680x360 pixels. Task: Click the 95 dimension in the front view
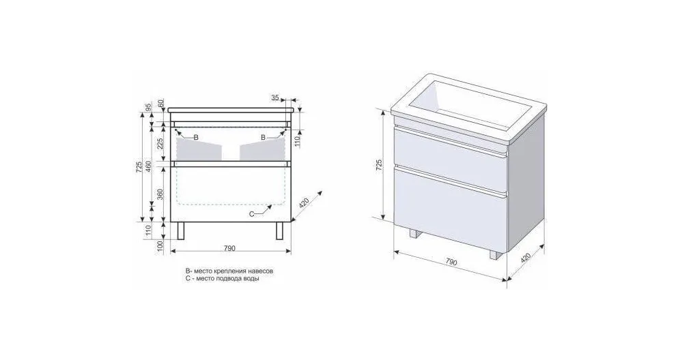[x=148, y=107]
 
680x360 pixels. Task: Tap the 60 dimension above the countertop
[x=160, y=104]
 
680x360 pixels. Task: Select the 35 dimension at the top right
[x=275, y=98]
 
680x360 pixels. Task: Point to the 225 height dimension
[x=160, y=143]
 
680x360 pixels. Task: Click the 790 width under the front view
[x=230, y=248]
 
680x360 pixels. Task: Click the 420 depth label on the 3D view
[x=525, y=258]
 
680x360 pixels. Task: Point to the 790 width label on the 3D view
[x=451, y=262]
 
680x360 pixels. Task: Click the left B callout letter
[x=195, y=137]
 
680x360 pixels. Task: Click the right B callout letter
[x=263, y=137]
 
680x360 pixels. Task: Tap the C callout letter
[x=251, y=213]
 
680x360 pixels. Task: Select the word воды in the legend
[x=251, y=279]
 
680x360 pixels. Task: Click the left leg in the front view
[x=181, y=231]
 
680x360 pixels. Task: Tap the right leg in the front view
[x=280, y=231]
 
